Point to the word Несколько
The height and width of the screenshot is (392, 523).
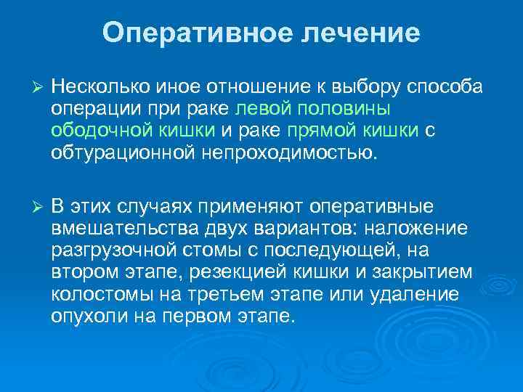[x=100, y=88]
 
